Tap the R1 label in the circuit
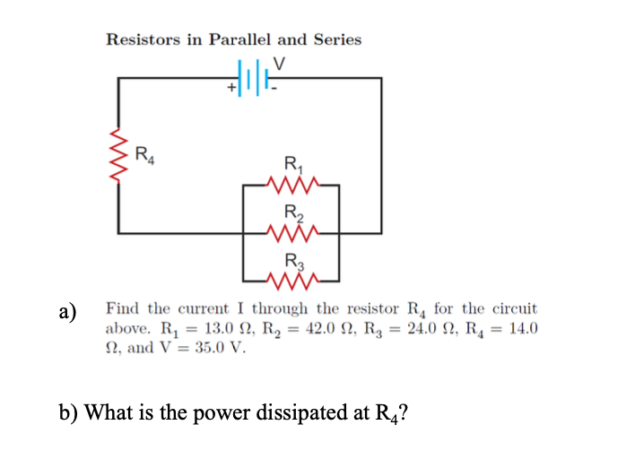pyautogui.click(x=292, y=165)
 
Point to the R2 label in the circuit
pyautogui.click(x=292, y=214)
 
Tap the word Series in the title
pyautogui.click(x=335, y=39)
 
